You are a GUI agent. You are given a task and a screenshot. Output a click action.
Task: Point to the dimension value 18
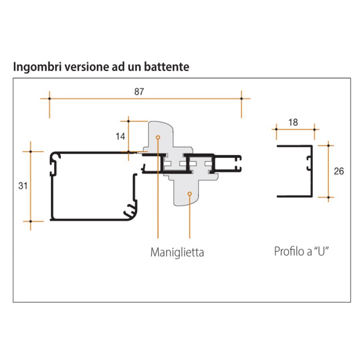[292, 122]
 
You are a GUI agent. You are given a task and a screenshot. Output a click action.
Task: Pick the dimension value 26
[339, 171]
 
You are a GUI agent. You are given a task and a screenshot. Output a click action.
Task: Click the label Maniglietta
[177, 252]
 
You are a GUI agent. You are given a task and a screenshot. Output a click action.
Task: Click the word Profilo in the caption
[288, 251]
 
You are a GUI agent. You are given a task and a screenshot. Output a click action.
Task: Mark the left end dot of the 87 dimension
[49, 98]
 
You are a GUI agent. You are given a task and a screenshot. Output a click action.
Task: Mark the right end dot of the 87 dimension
[242, 98]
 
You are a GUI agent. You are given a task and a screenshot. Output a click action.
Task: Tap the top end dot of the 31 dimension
[31, 151]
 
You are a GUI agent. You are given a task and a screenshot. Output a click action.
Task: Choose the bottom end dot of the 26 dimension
[328, 197]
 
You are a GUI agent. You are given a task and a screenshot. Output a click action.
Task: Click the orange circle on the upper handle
[157, 137]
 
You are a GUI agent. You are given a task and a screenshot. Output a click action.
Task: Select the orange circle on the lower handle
[189, 194]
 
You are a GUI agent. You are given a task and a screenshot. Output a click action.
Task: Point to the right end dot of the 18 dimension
[314, 129]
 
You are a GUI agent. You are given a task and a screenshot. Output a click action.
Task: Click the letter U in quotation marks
[321, 251]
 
